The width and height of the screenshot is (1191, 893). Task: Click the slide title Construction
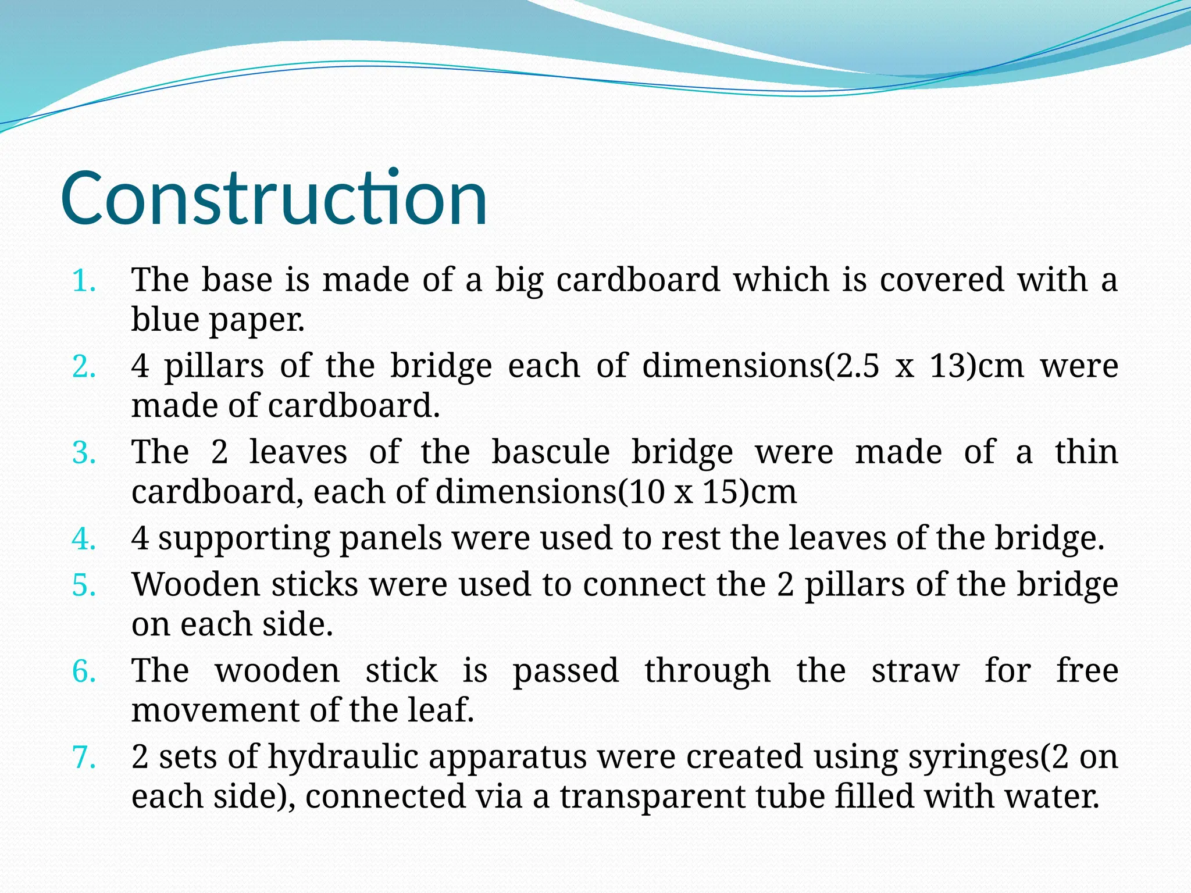click(273, 198)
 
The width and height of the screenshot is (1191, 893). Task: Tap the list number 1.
click(84, 281)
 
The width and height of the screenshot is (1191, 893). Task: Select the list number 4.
click(84, 539)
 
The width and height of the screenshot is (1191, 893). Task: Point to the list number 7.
click(84, 758)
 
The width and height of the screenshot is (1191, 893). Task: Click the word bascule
click(551, 452)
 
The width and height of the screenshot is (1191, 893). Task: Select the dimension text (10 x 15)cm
click(707, 492)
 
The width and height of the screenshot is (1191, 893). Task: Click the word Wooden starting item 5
click(195, 584)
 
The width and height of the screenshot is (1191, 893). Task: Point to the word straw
click(915, 671)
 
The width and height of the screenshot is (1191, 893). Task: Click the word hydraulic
click(343, 758)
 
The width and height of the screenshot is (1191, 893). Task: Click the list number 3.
click(84, 453)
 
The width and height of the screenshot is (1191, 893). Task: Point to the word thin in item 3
click(1086, 452)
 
